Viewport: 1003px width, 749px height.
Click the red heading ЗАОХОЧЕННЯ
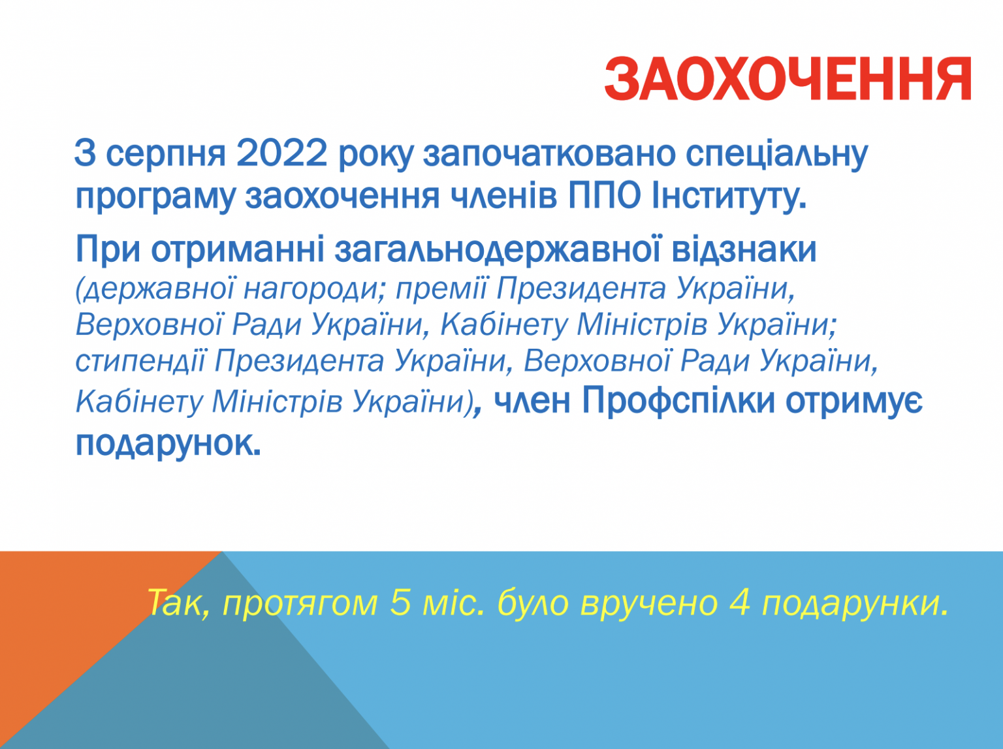(788, 78)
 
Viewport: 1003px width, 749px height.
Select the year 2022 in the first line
(281, 153)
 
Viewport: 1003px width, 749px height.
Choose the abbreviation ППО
(604, 196)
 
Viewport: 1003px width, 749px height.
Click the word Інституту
(729, 197)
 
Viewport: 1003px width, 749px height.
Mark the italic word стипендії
(140, 362)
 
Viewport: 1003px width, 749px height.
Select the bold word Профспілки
(678, 402)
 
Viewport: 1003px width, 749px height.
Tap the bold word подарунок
(168, 444)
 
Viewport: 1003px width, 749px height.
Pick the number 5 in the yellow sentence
(401, 602)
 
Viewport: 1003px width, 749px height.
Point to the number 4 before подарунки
(740, 602)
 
